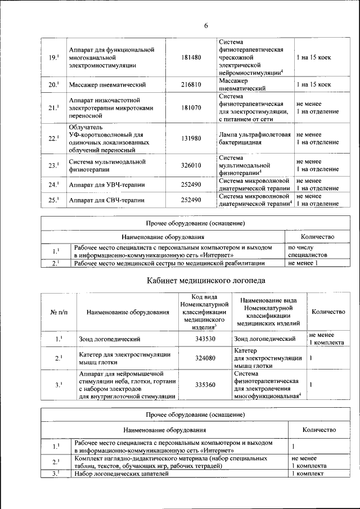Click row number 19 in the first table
[53, 57]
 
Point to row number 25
[53, 200]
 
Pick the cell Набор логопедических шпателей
[121, 474]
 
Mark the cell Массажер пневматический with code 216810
[107, 85]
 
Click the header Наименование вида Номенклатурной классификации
[267, 312]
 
